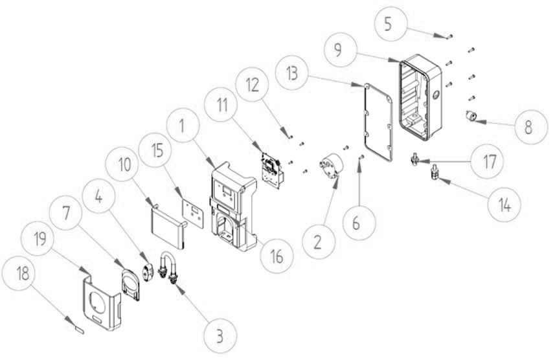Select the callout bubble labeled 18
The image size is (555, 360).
click(19, 275)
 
